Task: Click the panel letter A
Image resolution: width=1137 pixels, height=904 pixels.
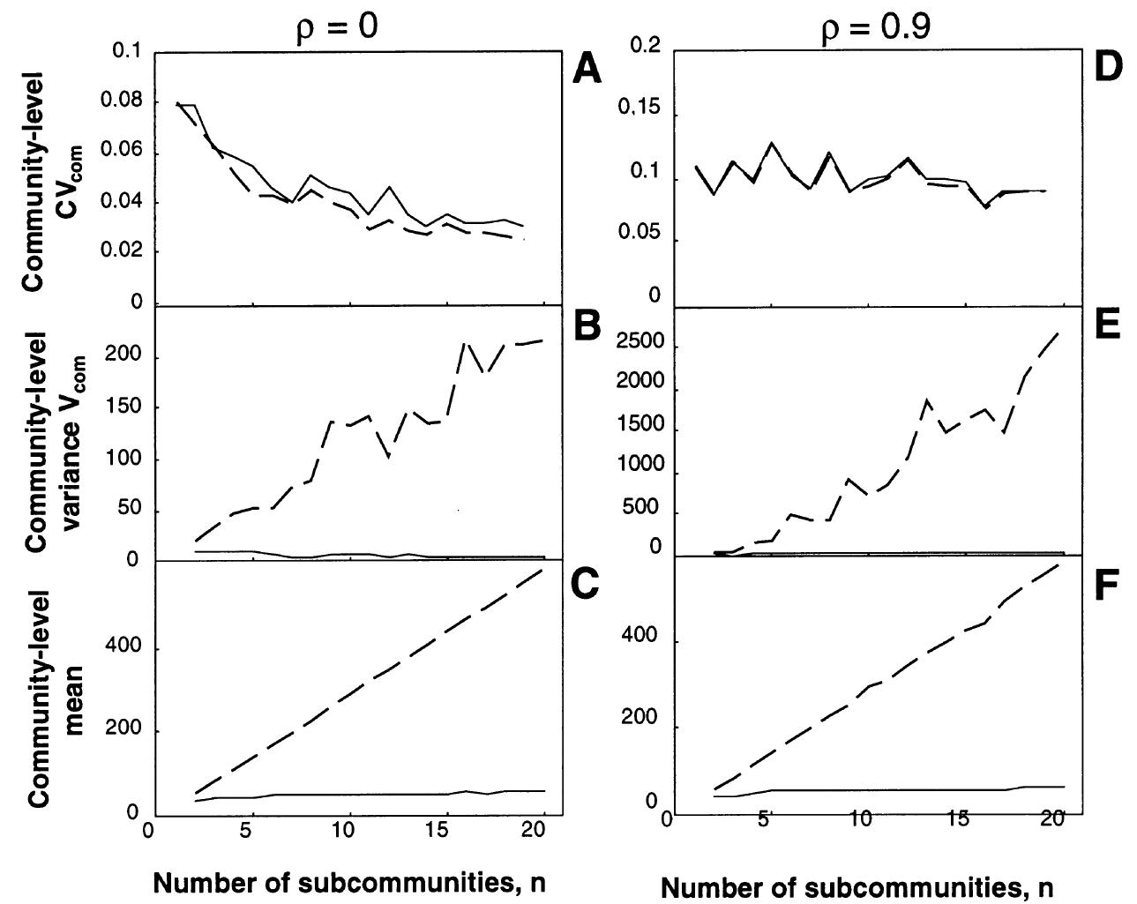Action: (x=587, y=68)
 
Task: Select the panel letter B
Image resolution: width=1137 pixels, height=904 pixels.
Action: (x=587, y=325)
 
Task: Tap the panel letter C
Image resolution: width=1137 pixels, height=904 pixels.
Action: (x=587, y=586)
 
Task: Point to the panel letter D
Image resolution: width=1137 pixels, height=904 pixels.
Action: (x=1106, y=67)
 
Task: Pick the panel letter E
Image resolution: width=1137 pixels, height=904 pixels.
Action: (x=1106, y=325)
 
